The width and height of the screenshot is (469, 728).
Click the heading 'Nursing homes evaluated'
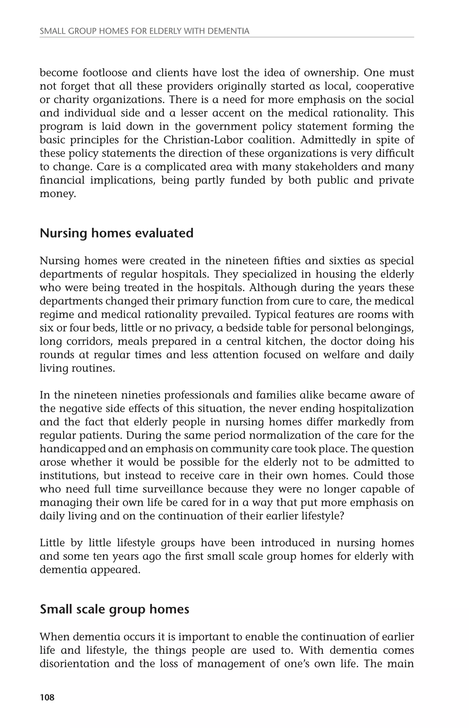[117, 233]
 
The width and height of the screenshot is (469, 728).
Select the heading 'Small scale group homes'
[115, 609]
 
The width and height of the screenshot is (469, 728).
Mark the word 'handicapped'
[73, 449]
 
